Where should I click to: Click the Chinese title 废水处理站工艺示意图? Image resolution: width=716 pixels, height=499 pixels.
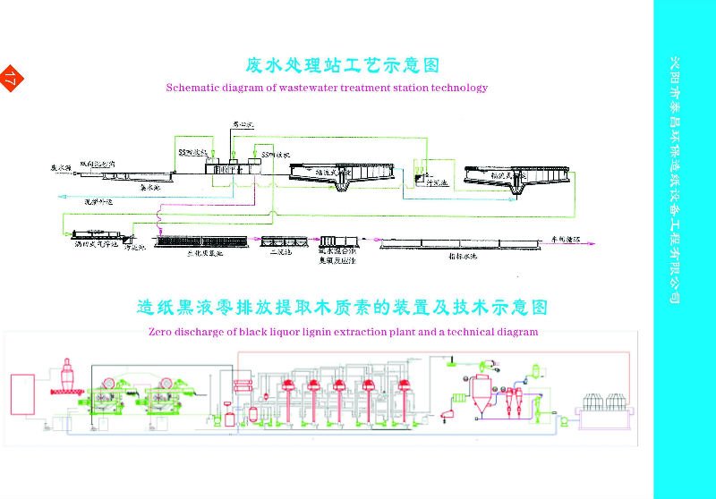pyautogui.click(x=344, y=65)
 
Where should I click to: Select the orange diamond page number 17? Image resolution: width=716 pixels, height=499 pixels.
pyautogui.click(x=12, y=79)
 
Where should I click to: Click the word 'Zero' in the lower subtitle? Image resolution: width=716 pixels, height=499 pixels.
pyautogui.click(x=156, y=332)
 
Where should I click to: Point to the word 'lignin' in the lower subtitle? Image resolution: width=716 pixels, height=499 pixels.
pyautogui.click(x=315, y=332)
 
